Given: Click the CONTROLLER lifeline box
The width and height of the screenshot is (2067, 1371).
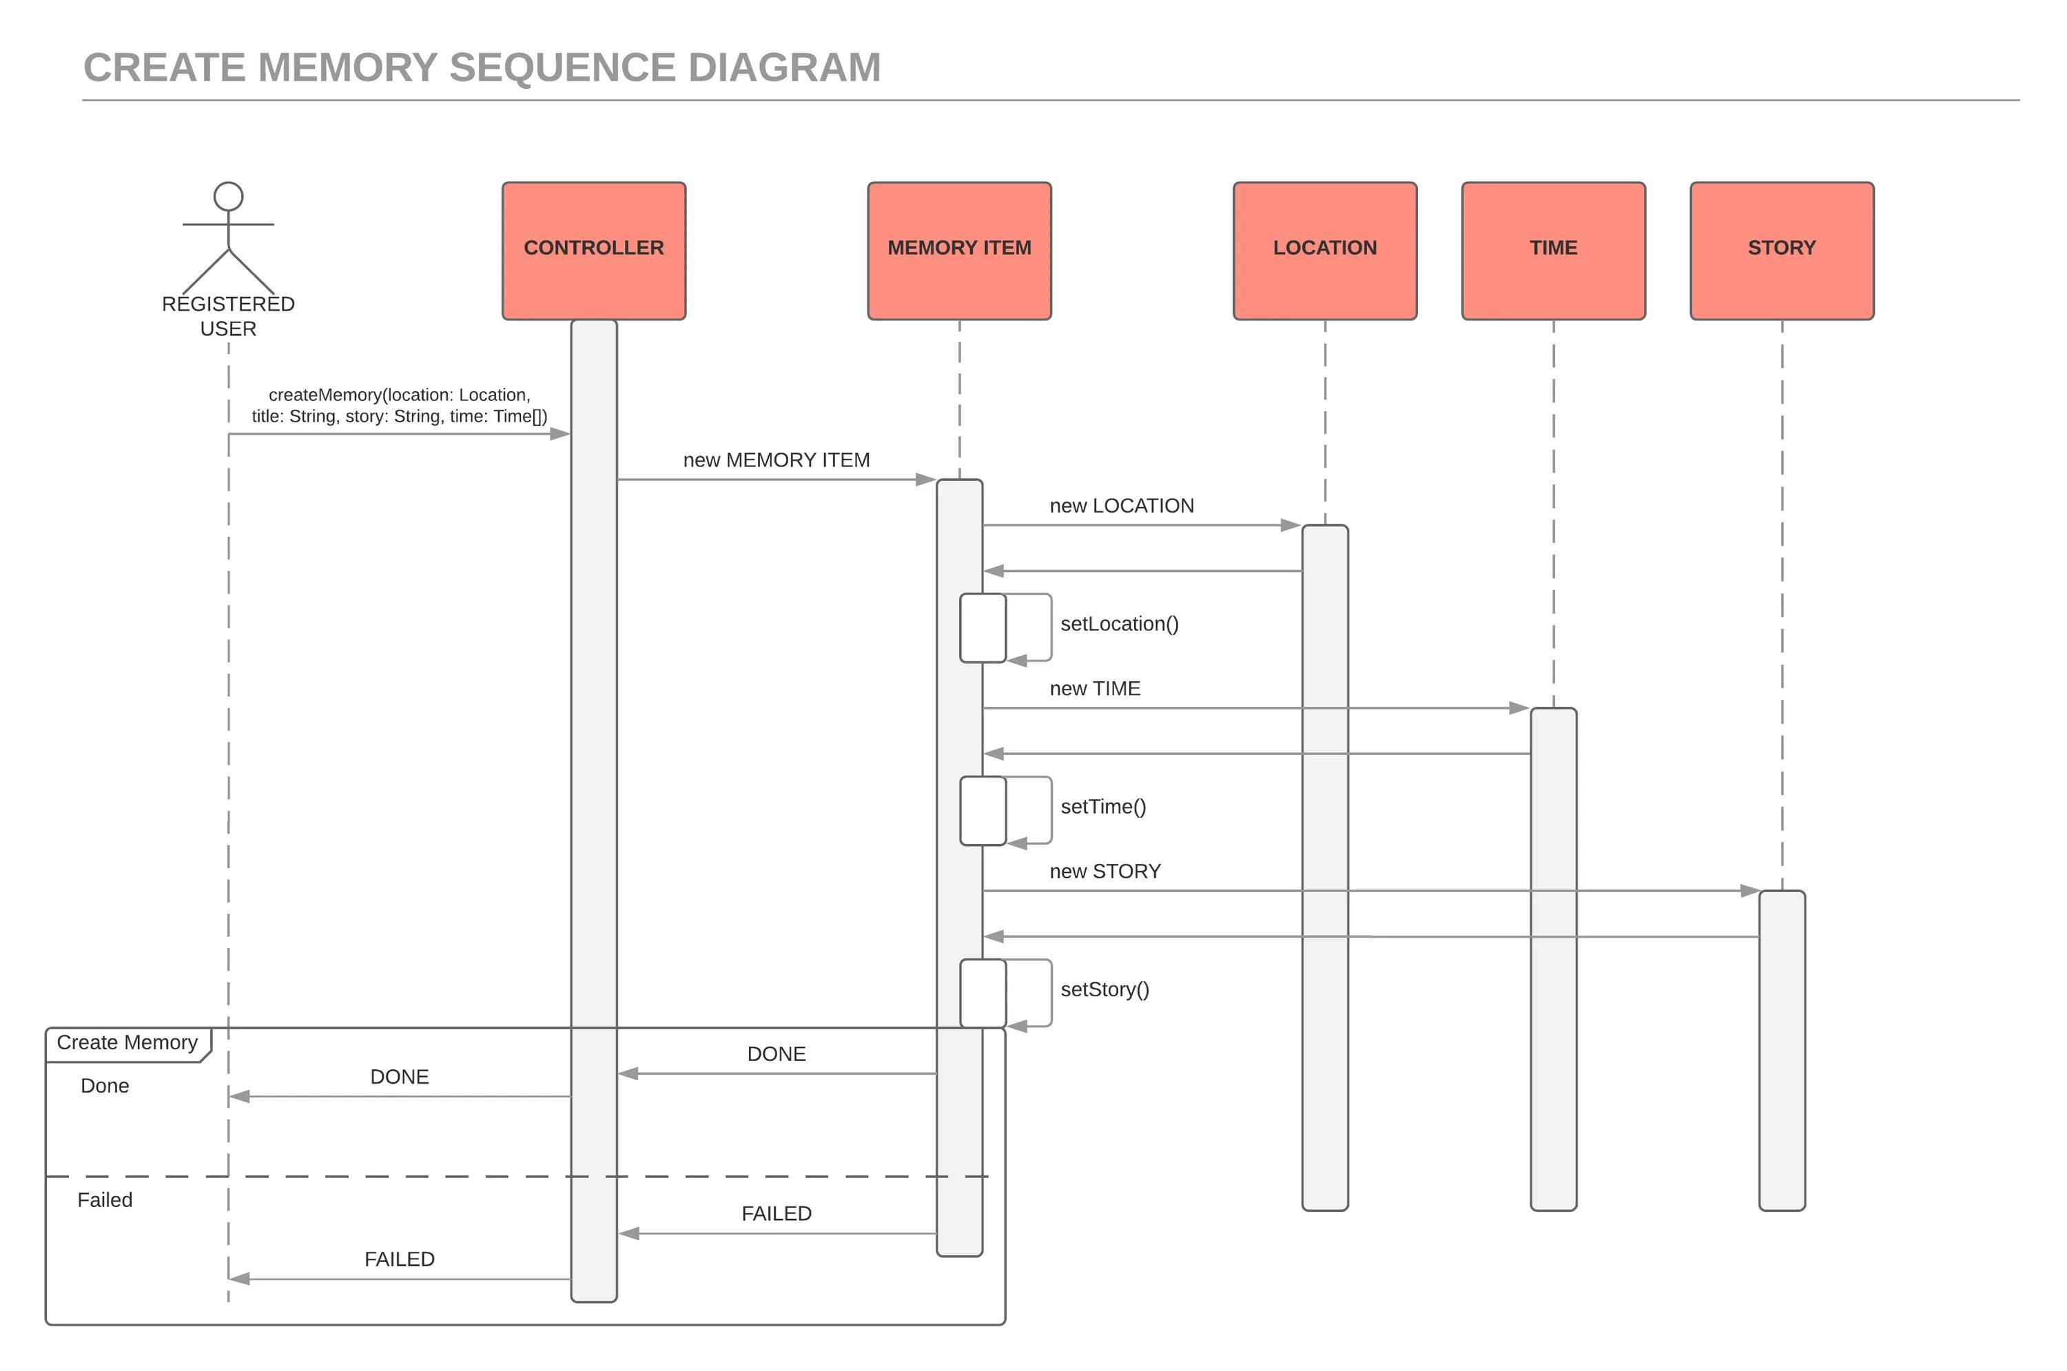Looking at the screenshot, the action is pos(594,251).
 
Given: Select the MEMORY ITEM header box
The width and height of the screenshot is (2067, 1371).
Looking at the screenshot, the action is pos(959,251).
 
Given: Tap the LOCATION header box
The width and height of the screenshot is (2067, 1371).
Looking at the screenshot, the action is pos(1325,251).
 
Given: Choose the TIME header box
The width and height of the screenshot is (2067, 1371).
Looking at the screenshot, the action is pos(1554,251).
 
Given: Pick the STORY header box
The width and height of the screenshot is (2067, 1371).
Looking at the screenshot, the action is pos(1782,251).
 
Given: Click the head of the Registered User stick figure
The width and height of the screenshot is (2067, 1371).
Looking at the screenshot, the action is pos(228,197).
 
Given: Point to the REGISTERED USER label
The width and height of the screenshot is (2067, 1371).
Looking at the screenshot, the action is pos(228,316).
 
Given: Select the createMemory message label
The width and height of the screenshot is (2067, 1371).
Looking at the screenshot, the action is pos(400,406).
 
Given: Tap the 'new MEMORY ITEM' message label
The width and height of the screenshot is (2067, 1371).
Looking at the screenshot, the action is pos(777,460).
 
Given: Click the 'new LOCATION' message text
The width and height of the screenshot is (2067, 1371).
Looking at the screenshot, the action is pos(1122,506).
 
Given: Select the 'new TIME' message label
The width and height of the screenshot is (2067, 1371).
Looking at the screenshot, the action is pos(1095,688).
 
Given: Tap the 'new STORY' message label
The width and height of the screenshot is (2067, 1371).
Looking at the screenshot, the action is pos(1105,871).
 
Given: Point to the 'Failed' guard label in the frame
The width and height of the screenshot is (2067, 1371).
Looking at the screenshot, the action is pos(105,1199).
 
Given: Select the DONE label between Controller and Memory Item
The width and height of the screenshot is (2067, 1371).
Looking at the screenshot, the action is pos(777,1053).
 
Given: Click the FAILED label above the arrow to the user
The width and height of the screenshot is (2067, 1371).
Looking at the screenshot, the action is pos(400,1259).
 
